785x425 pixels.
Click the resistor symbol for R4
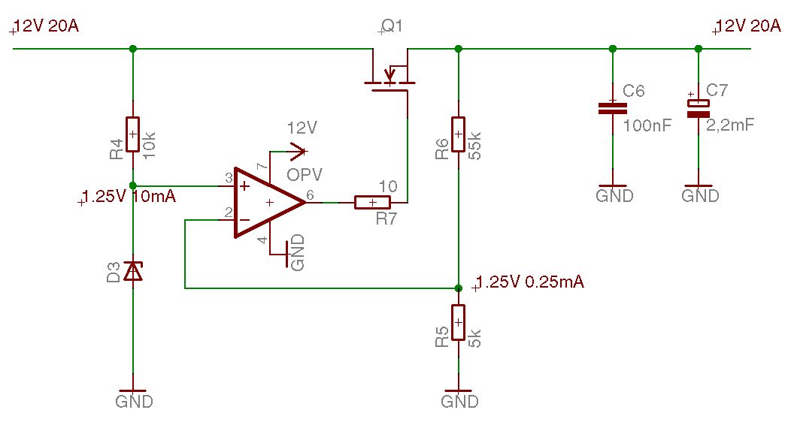(x=132, y=134)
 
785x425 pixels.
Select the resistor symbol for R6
(x=458, y=134)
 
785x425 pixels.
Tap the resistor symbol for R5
(x=458, y=322)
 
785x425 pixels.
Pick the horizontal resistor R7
(x=372, y=203)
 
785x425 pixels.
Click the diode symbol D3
(x=132, y=272)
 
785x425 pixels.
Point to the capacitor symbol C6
(x=612, y=108)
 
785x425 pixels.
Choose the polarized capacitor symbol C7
(x=699, y=108)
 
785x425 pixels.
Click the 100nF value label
(x=647, y=125)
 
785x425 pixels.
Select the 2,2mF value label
(x=730, y=125)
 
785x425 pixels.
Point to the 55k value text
(x=475, y=146)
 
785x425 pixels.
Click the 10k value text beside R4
(x=149, y=146)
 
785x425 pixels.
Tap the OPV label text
(x=305, y=174)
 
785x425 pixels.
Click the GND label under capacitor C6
(x=614, y=195)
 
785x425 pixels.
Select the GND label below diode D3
(x=134, y=402)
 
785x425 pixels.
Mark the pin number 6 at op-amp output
(x=311, y=195)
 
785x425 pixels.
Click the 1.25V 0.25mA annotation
(x=529, y=282)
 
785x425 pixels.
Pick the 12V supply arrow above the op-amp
(x=289, y=151)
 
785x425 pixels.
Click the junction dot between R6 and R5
(x=458, y=288)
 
